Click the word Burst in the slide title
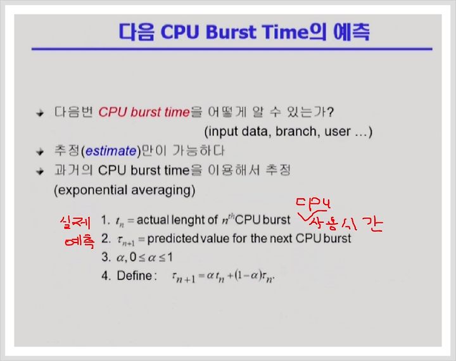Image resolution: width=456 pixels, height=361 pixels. click(231, 32)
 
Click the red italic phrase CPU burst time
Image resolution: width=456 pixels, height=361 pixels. click(144, 112)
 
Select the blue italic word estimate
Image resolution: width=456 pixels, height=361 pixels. click(111, 151)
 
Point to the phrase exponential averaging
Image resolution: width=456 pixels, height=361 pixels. click(124, 190)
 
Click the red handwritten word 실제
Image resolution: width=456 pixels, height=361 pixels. click(75, 222)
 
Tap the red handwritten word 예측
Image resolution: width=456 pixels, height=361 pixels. click(80, 241)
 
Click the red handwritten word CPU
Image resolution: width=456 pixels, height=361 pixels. click(313, 204)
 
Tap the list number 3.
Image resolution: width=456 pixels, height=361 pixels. click(106, 257)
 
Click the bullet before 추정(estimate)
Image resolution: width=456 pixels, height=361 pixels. click(40, 151)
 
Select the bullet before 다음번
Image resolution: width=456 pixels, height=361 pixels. click(40, 113)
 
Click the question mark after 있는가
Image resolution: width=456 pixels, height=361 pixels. click(330, 112)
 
